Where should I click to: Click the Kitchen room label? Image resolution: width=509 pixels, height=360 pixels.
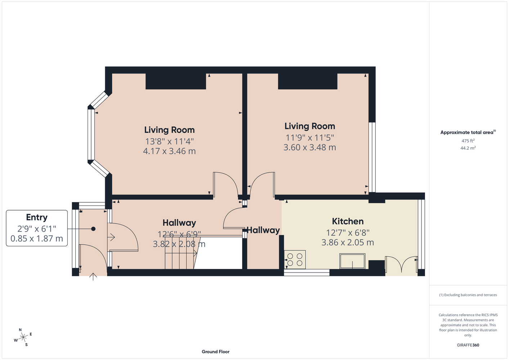[348, 221]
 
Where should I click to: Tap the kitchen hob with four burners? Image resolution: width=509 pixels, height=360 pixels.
[295, 260]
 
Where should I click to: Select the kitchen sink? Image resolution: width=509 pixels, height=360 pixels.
[352, 261]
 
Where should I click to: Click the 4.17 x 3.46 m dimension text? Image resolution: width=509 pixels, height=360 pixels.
[169, 151]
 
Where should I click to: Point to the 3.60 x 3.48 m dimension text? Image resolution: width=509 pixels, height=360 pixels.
[309, 147]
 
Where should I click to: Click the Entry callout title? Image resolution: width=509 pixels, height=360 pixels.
[37, 217]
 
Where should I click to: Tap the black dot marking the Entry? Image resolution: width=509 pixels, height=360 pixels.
[93, 229]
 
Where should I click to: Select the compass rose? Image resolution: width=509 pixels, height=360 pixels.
[23, 337]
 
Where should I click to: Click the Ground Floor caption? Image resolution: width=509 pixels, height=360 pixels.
[215, 352]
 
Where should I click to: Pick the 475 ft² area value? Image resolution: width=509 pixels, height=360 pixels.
[468, 141]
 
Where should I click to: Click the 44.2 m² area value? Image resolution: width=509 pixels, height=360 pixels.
[468, 148]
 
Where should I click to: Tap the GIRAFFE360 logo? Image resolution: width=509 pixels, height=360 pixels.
[468, 345]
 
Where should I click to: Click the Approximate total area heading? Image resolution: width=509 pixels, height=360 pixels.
[468, 132]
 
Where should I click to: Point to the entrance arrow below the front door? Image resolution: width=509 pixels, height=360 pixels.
[93, 276]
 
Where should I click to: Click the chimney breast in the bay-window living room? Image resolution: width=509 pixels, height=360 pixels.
[176, 81]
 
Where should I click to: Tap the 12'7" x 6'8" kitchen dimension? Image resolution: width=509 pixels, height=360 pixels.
[348, 233]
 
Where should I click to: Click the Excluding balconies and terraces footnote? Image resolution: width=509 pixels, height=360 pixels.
[468, 295]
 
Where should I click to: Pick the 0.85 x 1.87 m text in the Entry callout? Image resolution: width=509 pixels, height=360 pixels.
[37, 238]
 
